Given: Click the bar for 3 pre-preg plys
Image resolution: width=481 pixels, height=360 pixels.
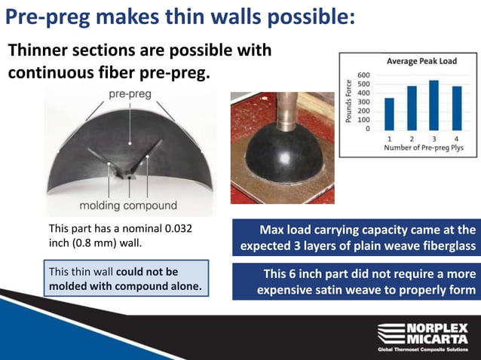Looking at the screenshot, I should point(434,105).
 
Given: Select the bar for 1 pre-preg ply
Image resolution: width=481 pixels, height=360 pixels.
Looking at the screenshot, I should point(389,114).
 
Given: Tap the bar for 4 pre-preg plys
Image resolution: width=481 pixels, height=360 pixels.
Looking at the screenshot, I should point(456,108).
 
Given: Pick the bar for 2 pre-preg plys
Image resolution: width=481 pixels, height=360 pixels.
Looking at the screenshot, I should point(412,108).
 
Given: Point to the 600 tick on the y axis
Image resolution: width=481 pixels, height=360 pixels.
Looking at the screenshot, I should point(363,75).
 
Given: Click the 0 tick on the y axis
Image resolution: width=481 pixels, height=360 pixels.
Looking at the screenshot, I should point(367,129).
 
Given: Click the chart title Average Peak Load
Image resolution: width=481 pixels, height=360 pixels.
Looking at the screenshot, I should point(421,61).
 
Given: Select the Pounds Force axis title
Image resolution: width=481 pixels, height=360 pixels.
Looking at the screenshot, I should point(348,102).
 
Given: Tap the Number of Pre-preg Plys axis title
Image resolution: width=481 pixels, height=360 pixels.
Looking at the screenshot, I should point(422,148).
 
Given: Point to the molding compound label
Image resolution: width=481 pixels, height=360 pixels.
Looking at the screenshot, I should point(128,205).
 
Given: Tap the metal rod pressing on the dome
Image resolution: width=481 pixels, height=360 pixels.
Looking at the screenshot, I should point(285,111).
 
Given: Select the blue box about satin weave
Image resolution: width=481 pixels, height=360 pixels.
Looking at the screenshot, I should point(357,281).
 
